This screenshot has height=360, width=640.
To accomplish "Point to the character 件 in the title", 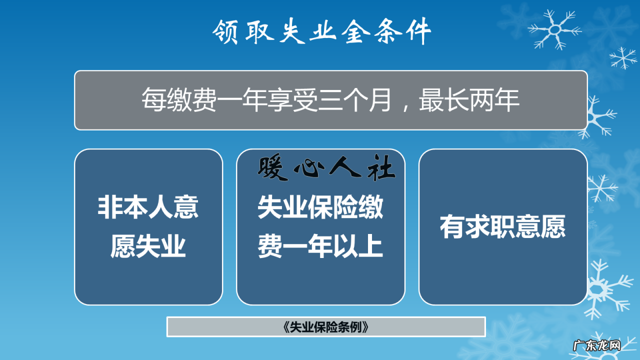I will click(x=417, y=33).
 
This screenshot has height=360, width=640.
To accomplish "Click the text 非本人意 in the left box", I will click(x=148, y=207).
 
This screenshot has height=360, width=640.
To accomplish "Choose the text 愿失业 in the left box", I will click(x=148, y=246).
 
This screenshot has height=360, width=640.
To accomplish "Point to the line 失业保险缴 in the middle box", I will click(x=320, y=207).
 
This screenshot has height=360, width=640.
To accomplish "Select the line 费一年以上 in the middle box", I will click(x=320, y=246).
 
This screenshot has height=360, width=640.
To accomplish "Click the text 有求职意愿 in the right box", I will click(x=502, y=227).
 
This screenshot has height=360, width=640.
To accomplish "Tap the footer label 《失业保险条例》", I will click(x=325, y=327).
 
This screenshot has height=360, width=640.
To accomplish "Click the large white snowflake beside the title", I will click(x=554, y=30).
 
